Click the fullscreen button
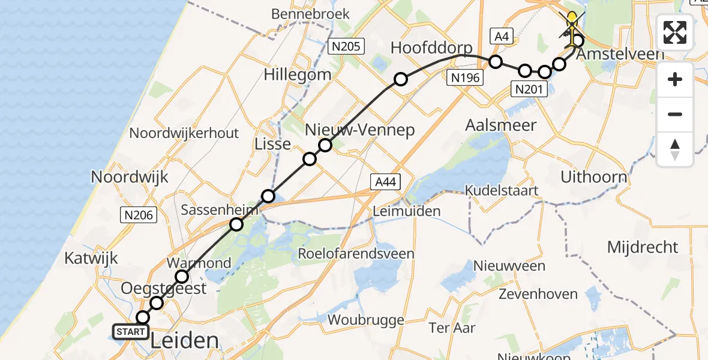675,32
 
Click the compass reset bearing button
675,149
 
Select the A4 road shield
500,37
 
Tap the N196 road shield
466,77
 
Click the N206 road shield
140,215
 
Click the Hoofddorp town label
431,48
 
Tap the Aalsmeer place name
501,124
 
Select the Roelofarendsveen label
356,253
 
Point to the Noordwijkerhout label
184,133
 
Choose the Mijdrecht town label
643,247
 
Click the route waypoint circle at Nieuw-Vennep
325,145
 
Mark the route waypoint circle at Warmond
182,277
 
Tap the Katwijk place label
92,259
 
